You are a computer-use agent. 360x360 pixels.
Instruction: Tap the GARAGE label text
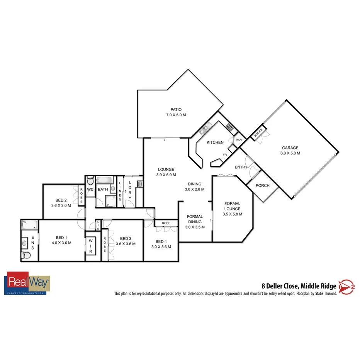(290, 148)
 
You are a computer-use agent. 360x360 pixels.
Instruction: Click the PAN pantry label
(238, 140)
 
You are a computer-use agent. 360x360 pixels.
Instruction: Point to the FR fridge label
(224, 155)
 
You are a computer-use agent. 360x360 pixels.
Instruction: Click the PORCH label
(263, 186)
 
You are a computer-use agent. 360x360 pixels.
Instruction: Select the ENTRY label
(241, 167)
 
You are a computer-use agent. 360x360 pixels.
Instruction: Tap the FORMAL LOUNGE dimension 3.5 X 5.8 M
(232, 214)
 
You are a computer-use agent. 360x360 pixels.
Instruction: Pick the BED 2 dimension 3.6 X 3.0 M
(61, 205)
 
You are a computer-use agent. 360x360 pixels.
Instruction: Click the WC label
(90, 189)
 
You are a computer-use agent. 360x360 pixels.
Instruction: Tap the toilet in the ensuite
(26, 255)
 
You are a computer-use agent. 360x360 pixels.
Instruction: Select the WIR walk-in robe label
(91, 246)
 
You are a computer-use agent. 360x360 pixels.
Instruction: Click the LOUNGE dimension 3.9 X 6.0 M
(166, 175)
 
